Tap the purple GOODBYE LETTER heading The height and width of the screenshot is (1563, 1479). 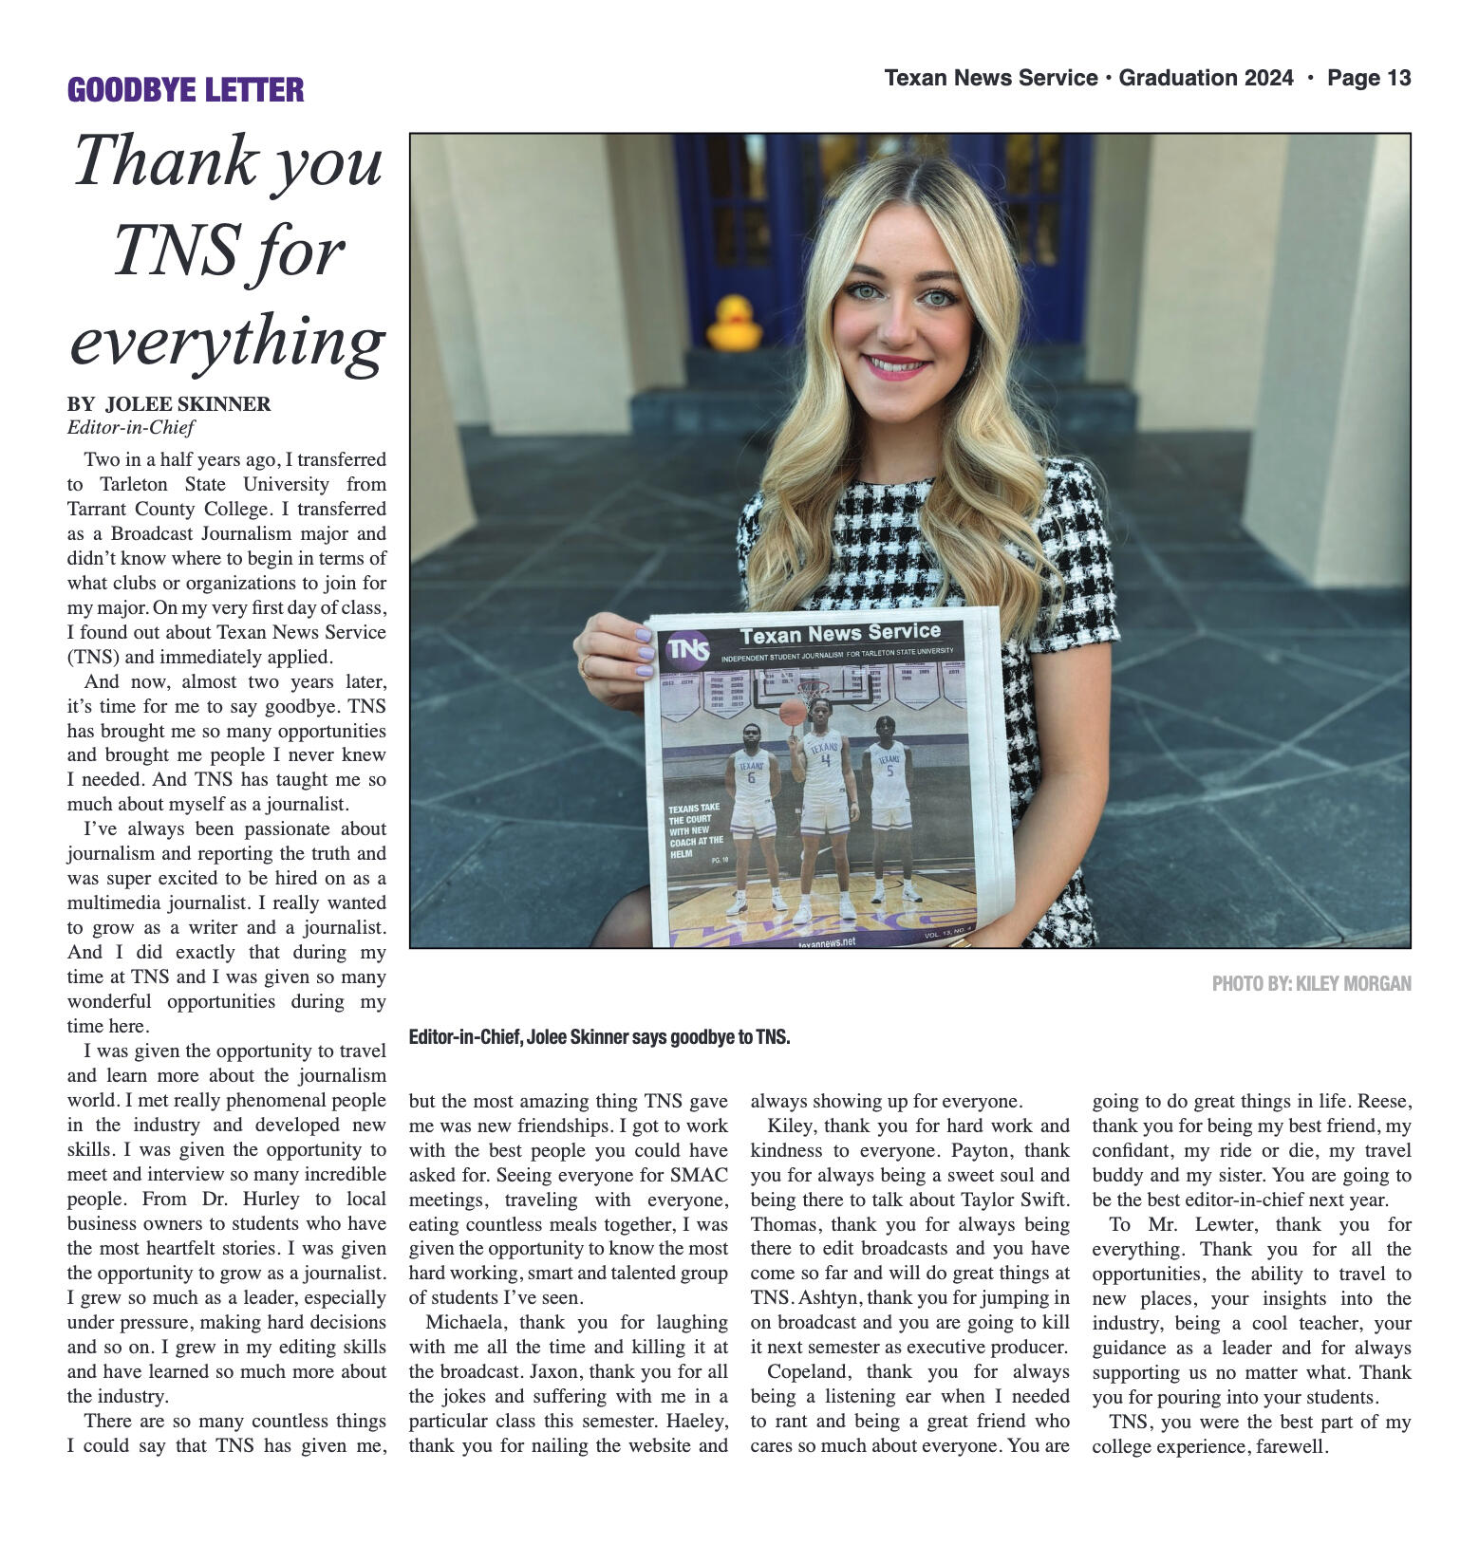point(185,90)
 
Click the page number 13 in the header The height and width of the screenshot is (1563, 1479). point(1397,78)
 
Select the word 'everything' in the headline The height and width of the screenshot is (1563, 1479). point(227,340)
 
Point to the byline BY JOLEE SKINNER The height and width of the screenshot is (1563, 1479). point(169,404)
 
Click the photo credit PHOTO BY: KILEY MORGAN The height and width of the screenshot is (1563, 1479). point(1311,983)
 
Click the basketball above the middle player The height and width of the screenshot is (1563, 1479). point(793,712)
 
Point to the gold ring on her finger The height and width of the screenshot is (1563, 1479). point(586,667)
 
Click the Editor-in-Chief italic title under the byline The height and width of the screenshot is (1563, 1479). point(130,427)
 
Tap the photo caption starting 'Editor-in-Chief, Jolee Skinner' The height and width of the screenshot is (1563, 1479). point(599,1037)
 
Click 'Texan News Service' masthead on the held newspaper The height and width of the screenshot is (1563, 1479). point(840,633)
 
